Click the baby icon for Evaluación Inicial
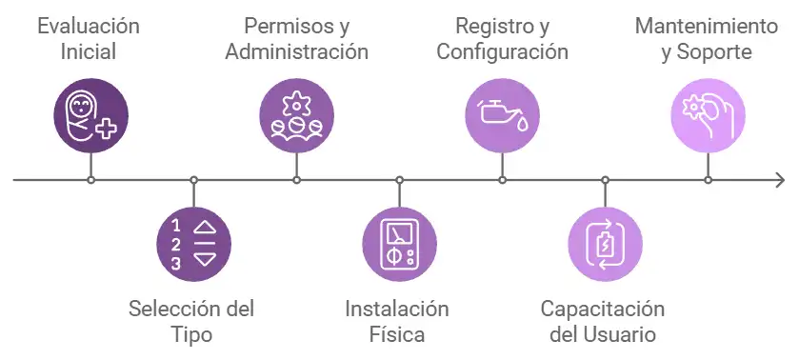90,116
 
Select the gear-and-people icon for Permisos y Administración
296,116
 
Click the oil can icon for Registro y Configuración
502,116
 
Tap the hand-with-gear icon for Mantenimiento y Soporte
708,116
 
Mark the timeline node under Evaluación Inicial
90,179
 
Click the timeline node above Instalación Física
399,179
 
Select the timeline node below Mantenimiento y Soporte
708,179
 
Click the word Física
398,334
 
